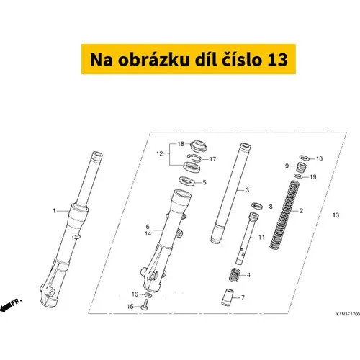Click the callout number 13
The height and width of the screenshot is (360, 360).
pos(336,215)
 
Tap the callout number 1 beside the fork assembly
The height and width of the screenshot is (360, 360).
pos(54,211)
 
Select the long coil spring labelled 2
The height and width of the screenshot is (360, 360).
pos(284,215)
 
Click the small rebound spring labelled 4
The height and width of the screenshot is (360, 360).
pos(235,275)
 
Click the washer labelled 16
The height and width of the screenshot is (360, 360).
pos(148,294)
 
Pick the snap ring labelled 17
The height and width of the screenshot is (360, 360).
pos(194,158)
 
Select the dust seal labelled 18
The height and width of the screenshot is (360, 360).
pos(198,145)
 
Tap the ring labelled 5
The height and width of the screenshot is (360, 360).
pos(187,181)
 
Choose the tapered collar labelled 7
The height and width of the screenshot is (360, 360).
pos(228,297)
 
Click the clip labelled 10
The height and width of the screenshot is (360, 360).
pos(305,158)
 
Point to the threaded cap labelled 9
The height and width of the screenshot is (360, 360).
pos(301,167)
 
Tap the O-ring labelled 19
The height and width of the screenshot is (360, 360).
pos(299,176)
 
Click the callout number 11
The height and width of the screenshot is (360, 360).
pos(261,238)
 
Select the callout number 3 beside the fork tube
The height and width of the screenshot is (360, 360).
pos(247,190)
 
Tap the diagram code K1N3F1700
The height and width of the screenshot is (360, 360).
pos(348,314)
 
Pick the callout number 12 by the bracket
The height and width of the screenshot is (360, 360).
pos(160,153)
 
